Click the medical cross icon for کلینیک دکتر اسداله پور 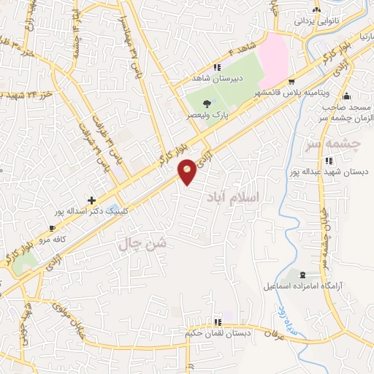coord(91,199)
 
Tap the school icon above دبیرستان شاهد coord(217,68)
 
